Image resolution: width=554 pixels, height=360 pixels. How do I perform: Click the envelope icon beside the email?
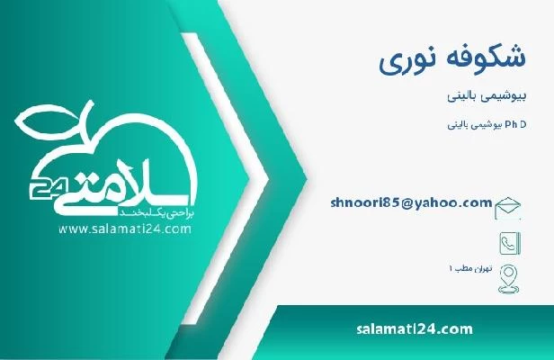coord(507,206)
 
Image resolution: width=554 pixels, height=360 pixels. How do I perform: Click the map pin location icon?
coord(507,274)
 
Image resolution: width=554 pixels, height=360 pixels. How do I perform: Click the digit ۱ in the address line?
coord(451,270)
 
